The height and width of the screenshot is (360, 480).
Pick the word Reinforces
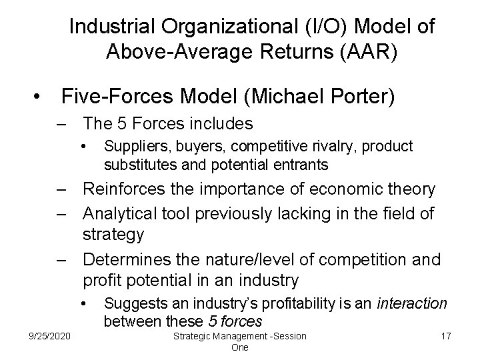click(124, 189)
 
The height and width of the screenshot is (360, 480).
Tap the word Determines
click(125, 259)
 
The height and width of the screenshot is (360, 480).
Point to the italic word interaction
click(411, 303)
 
